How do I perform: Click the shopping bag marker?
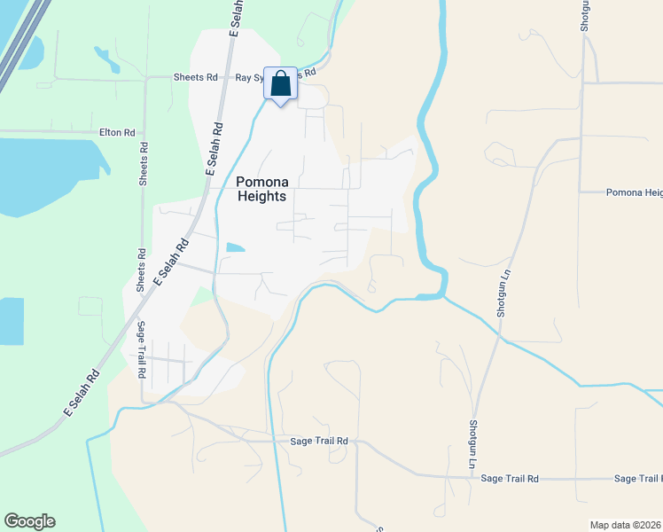click(280, 85)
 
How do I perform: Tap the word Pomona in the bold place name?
click(261, 182)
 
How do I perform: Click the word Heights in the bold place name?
click(261, 196)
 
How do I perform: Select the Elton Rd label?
click(117, 132)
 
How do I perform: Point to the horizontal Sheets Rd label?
click(199, 77)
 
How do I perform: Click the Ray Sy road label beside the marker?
click(249, 77)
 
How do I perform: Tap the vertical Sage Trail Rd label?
click(141, 350)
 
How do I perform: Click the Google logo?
click(29, 521)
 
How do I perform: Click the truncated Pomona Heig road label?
click(634, 192)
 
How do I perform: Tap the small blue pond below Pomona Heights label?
click(236, 247)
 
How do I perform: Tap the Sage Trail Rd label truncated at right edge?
click(637, 479)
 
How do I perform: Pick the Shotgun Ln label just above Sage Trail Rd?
click(473, 443)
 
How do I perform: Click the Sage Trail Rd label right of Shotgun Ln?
click(510, 479)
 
